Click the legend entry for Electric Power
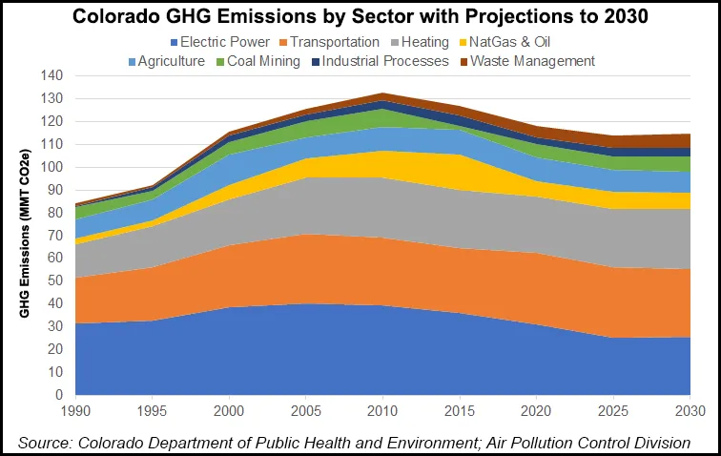click(216, 42)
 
